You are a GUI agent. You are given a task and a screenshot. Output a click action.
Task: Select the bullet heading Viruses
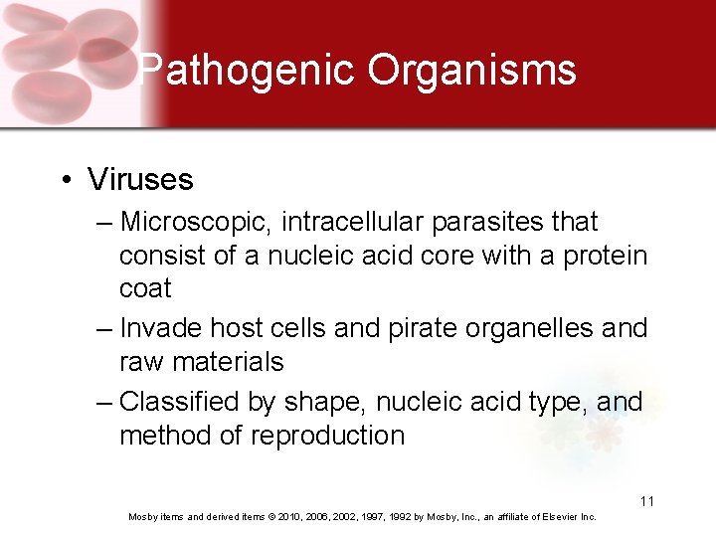140,179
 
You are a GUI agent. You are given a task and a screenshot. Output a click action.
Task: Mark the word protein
605,255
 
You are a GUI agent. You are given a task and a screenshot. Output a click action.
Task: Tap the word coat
145,288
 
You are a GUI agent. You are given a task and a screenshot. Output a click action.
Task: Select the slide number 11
646,501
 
